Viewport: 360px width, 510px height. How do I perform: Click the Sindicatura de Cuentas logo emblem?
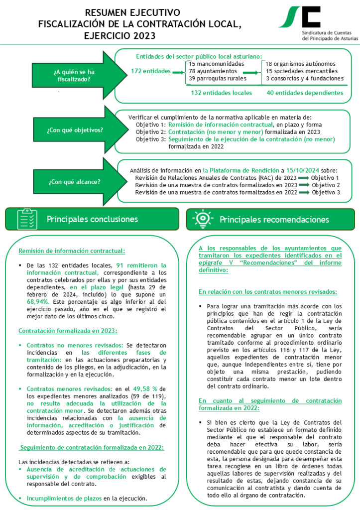tap(299, 17)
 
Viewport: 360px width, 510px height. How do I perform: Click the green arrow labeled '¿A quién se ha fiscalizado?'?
tap(75, 75)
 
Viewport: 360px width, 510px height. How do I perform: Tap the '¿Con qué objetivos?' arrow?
tap(75, 130)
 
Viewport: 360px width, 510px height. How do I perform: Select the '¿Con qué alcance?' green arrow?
tap(75, 181)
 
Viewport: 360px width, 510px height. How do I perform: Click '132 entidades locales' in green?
tap(222, 93)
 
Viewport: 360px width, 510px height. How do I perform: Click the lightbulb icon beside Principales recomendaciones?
tap(202, 219)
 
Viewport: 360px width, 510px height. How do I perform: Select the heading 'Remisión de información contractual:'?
tap(72, 251)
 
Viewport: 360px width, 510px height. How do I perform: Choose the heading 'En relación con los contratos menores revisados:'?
tap(268, 291)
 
